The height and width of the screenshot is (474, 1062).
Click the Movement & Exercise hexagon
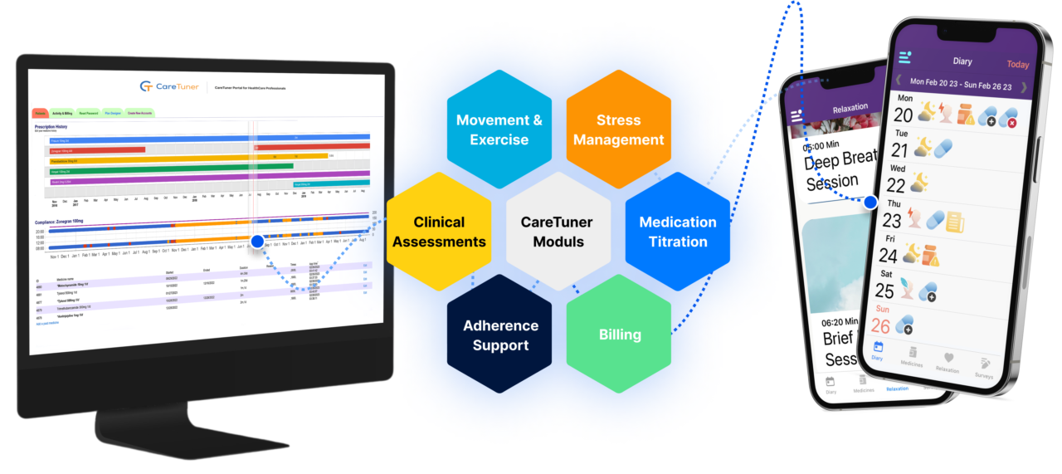pos(499,129)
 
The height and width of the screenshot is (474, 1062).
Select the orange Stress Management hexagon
pos(619,129)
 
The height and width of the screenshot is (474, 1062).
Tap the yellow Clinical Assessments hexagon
pos(439,232)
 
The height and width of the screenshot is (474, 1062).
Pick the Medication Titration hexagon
pos(678,232)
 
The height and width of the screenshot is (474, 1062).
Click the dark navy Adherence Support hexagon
pos(499,335)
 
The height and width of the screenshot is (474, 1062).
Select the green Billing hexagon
pos(619,335)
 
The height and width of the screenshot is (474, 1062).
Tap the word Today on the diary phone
pos(1017,64)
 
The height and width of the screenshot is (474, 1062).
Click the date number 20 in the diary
pos(903,115)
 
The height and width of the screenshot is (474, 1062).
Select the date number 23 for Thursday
pos(891,222)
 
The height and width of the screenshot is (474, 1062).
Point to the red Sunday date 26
pos(879,325)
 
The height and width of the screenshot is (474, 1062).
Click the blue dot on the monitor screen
pos(257,242)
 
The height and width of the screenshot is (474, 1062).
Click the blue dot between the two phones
pos(870,202)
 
